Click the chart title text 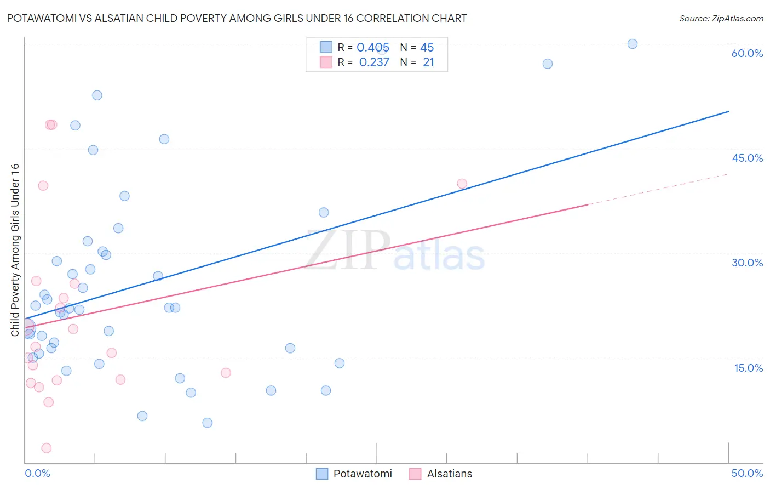(237, 18)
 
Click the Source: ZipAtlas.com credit (721, 19)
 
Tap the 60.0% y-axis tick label (747, 53)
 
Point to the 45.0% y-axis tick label (747, 158)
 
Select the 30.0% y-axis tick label (747, 263)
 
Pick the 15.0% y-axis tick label (748, 368)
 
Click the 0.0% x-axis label (37, 473)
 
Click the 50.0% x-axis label (747, 473)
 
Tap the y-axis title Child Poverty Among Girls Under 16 (15, 250)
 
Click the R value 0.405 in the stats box (373, 48)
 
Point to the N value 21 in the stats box (428, 62)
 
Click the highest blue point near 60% (633, 44)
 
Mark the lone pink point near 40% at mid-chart (462, 184)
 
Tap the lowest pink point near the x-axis (47, 448)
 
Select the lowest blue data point (207, 423)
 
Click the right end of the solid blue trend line (728, 112)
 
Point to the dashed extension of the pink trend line (657, 189)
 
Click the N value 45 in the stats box (427, 48)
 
